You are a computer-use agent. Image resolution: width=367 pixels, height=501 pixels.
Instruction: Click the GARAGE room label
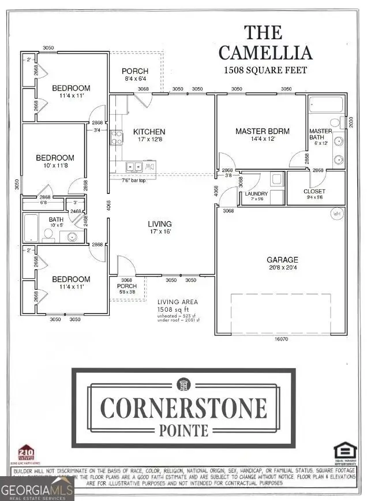click(x=282, y=260)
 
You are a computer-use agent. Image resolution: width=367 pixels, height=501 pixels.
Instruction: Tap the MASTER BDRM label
click(x=262, y=132)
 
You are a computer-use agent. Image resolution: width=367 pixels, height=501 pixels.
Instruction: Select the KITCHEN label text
click(x=149, y=132)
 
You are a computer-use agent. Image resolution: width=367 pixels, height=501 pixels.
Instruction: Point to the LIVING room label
click(x=160, y=224)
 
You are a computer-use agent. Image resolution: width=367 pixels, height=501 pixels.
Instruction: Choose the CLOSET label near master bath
click(x=314, y=191)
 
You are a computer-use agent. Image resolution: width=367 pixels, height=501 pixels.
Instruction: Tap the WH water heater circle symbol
click(x=336, y=213)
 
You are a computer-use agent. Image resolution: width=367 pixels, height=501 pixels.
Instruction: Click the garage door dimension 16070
click(x=281, y=340)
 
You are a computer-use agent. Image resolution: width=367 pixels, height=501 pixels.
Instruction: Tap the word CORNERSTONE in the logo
click(x=182, y=407)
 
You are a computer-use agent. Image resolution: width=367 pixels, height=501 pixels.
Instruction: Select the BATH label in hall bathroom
click(x=56, y=219)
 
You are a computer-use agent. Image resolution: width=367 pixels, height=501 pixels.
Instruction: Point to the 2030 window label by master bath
click(x=350, y=122)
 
